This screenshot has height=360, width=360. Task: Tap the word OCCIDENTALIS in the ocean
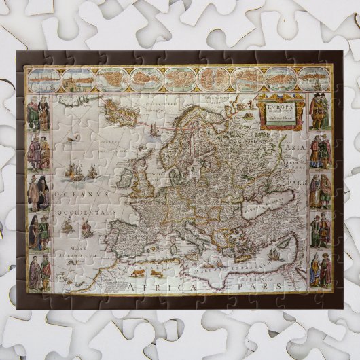pyautogui.click(x=85, y=211)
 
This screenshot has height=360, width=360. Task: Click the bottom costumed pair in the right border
pyautogui.click(x=320, y=269)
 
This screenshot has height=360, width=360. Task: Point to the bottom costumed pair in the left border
pyautogui.click(x=38, y=272)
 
